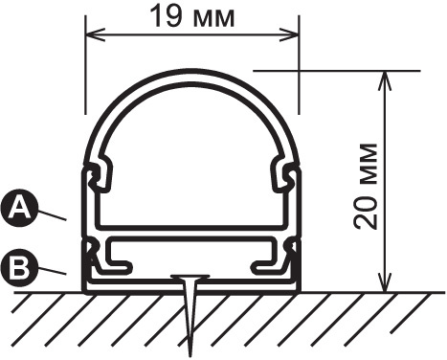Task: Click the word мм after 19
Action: pos(214,16)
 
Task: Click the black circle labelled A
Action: pos(18,207)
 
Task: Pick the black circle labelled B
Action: pos(18,268)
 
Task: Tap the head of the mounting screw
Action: pos(191,280)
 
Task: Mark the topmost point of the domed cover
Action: pos(192,73)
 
